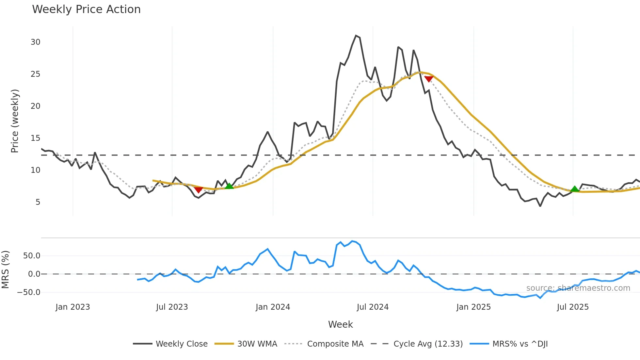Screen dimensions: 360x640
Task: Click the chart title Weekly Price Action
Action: [x=86, y=9]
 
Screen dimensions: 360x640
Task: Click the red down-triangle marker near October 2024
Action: [x=428, y=79]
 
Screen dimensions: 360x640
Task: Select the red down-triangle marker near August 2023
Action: [x=198, y=190]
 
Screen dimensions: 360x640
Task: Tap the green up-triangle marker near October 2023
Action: [x=229, y=186]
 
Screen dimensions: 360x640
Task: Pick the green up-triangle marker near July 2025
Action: [x=575, y=189]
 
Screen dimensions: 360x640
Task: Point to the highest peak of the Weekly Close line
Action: [x=356, y=36]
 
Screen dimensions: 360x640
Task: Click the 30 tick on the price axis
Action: [x=35, y=42]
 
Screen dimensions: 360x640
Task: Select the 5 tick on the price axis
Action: [x=38, y=202]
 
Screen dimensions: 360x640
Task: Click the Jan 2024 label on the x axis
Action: [x=273, y=307]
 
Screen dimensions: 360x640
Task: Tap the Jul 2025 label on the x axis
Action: [x=573, y=307]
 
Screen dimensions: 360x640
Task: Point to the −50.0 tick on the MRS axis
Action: [x=29, y=292]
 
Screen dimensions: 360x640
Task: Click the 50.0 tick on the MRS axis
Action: [x=31, y=256]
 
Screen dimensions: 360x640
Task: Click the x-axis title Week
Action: [x=340, y=324]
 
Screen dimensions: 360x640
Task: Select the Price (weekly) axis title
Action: [x=15, y=121]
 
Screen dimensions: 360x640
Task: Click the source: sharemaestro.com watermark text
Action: [x=578, y=288]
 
